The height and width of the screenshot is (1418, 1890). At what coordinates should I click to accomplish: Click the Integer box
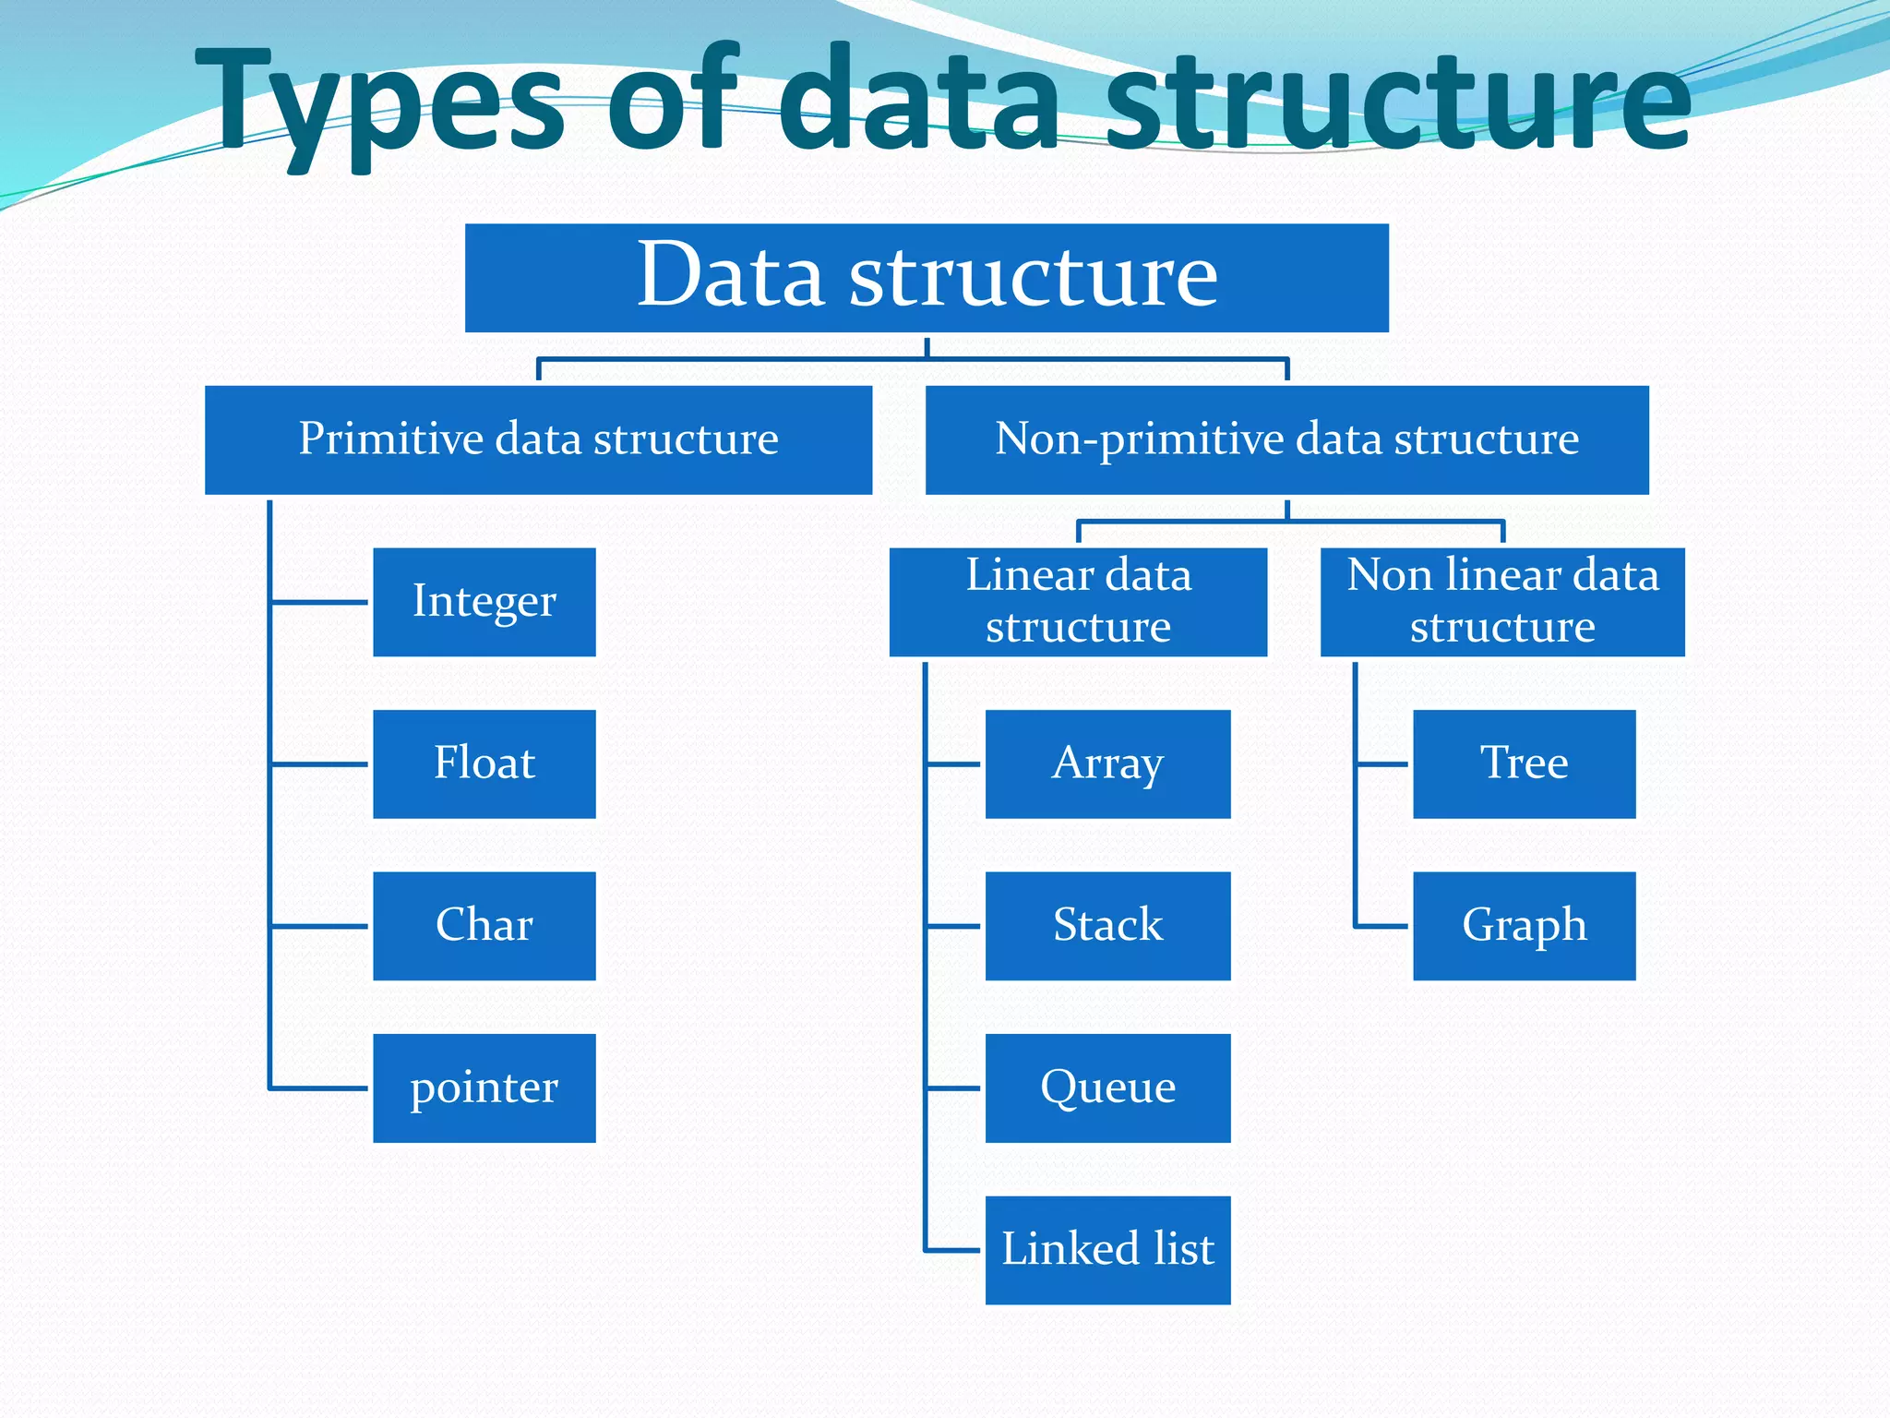(x=484, y=602)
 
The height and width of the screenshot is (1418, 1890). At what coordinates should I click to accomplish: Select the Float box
(x=484, y=763)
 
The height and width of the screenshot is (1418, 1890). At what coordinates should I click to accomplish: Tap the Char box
(x=484, y=925)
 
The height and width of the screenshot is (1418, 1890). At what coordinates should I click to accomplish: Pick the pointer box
(x=484, y=1088)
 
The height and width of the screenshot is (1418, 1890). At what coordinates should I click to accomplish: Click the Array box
(x=1107, y=763)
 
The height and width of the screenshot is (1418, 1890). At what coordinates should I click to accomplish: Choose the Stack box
(x=1107, y=925)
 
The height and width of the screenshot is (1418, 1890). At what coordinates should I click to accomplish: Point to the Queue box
(x=1107, y=1088)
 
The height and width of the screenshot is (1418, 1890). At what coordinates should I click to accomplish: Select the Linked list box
(x=1107, y=1249)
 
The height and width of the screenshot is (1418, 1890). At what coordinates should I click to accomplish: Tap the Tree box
(x=1524, y=763)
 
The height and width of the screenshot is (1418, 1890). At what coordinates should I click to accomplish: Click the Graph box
(x=1524, y=925)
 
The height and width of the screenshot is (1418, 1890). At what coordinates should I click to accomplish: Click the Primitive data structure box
(x=538, y=439)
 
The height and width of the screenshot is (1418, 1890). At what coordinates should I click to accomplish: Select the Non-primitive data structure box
(x=1286, y=439)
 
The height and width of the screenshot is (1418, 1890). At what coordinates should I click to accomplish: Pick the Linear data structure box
(x=1078, y=602)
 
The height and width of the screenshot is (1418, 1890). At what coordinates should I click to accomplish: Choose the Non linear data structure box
(x=1502, y=602)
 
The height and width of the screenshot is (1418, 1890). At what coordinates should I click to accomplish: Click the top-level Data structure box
(x=927, y=277)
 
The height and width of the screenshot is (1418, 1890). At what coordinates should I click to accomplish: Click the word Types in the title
(x=378, y=102)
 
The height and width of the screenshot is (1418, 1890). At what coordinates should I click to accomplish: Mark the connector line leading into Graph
(x=1382, y=926)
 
